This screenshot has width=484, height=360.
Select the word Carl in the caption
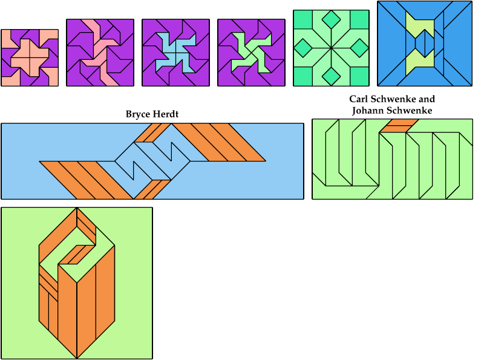[x=360, y=99]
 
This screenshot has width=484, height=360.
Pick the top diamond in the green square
[x=331, y=19]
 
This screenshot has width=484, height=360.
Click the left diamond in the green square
[x=302, y=47]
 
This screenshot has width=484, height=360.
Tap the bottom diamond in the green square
[x=331, y=76]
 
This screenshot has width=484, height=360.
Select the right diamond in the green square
[x=359, y=47]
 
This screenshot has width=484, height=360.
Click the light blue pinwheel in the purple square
[x=175, y=53]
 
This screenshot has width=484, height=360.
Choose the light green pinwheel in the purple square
[x=251, y=53]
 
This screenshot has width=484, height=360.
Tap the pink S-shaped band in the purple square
[x=100, y=53]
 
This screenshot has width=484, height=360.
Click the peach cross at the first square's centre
[x=30, y=57]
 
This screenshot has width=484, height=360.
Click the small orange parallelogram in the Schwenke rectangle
[x=401, y=125]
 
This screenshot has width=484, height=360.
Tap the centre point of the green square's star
[x=331, y=47]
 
